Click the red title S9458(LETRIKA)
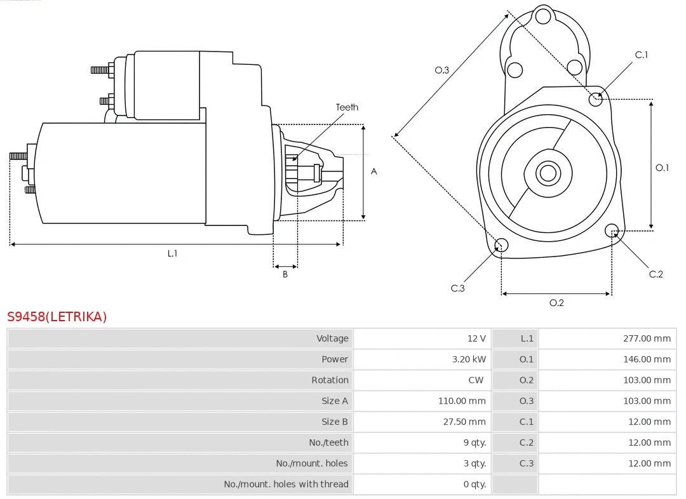pos(57,316)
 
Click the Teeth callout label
pos(347,107)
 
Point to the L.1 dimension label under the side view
pos(172,253)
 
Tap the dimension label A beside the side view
pos(374,171)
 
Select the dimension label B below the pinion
pos(285,275)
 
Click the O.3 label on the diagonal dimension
pos(441,70)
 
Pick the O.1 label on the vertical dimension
pos(662,168)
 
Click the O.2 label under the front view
pos(556,303)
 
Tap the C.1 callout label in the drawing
pos(642,55)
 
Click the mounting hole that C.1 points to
pos(596,99)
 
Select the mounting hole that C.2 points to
pos(612,230)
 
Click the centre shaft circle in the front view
pos(548,173)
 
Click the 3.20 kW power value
pos(469,359)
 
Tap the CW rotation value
pos(476,380)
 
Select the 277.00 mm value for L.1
pos(647,338)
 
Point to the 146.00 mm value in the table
pos(647,359)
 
